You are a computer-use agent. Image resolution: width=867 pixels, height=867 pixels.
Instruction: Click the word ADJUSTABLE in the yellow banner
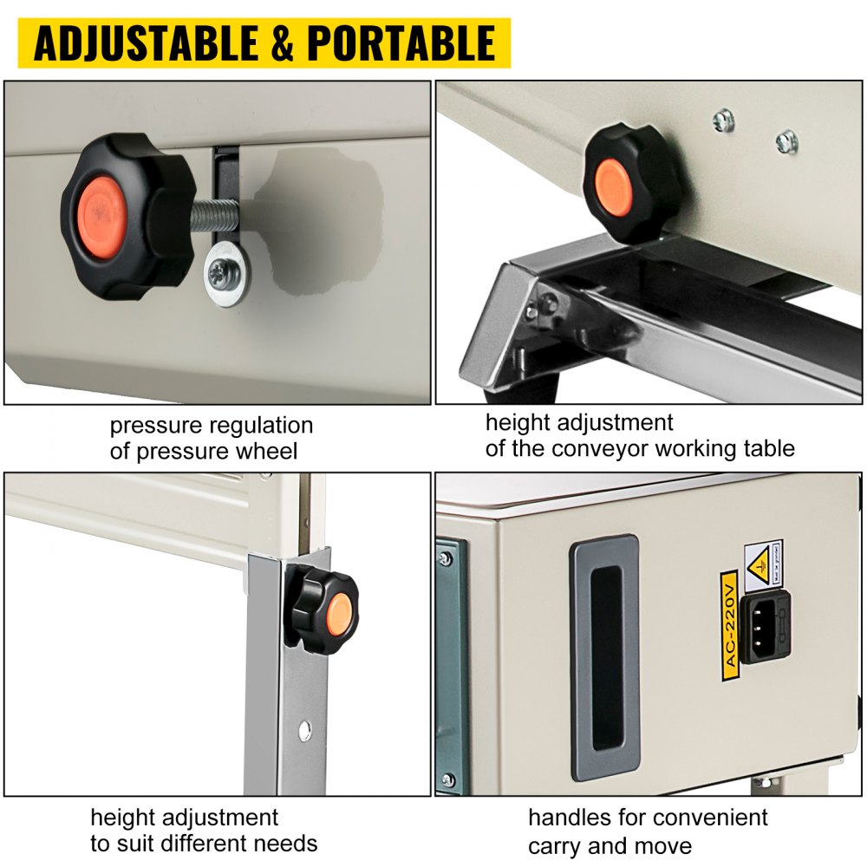[146, 43]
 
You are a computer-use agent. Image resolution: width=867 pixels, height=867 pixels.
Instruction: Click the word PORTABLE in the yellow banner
[401, 43]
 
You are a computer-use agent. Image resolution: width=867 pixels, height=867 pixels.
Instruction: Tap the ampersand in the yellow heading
[283, 43]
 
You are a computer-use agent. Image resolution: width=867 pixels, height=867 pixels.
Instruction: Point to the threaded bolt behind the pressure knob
[214, 216]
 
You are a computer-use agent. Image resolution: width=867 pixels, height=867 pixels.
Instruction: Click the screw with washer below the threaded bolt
[226, 272]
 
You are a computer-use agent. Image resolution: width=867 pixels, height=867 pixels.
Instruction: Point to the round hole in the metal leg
[304, 730]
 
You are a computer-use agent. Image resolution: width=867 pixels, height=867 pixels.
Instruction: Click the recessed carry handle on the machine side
[604, 657]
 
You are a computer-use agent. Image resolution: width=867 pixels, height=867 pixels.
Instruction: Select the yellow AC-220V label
[730, 625]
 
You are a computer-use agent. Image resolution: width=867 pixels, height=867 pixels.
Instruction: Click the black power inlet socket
[765, 627]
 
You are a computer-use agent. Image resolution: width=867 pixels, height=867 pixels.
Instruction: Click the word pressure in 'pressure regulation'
[155, 426]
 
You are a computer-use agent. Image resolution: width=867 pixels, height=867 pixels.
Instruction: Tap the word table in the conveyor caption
[769, 448]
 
